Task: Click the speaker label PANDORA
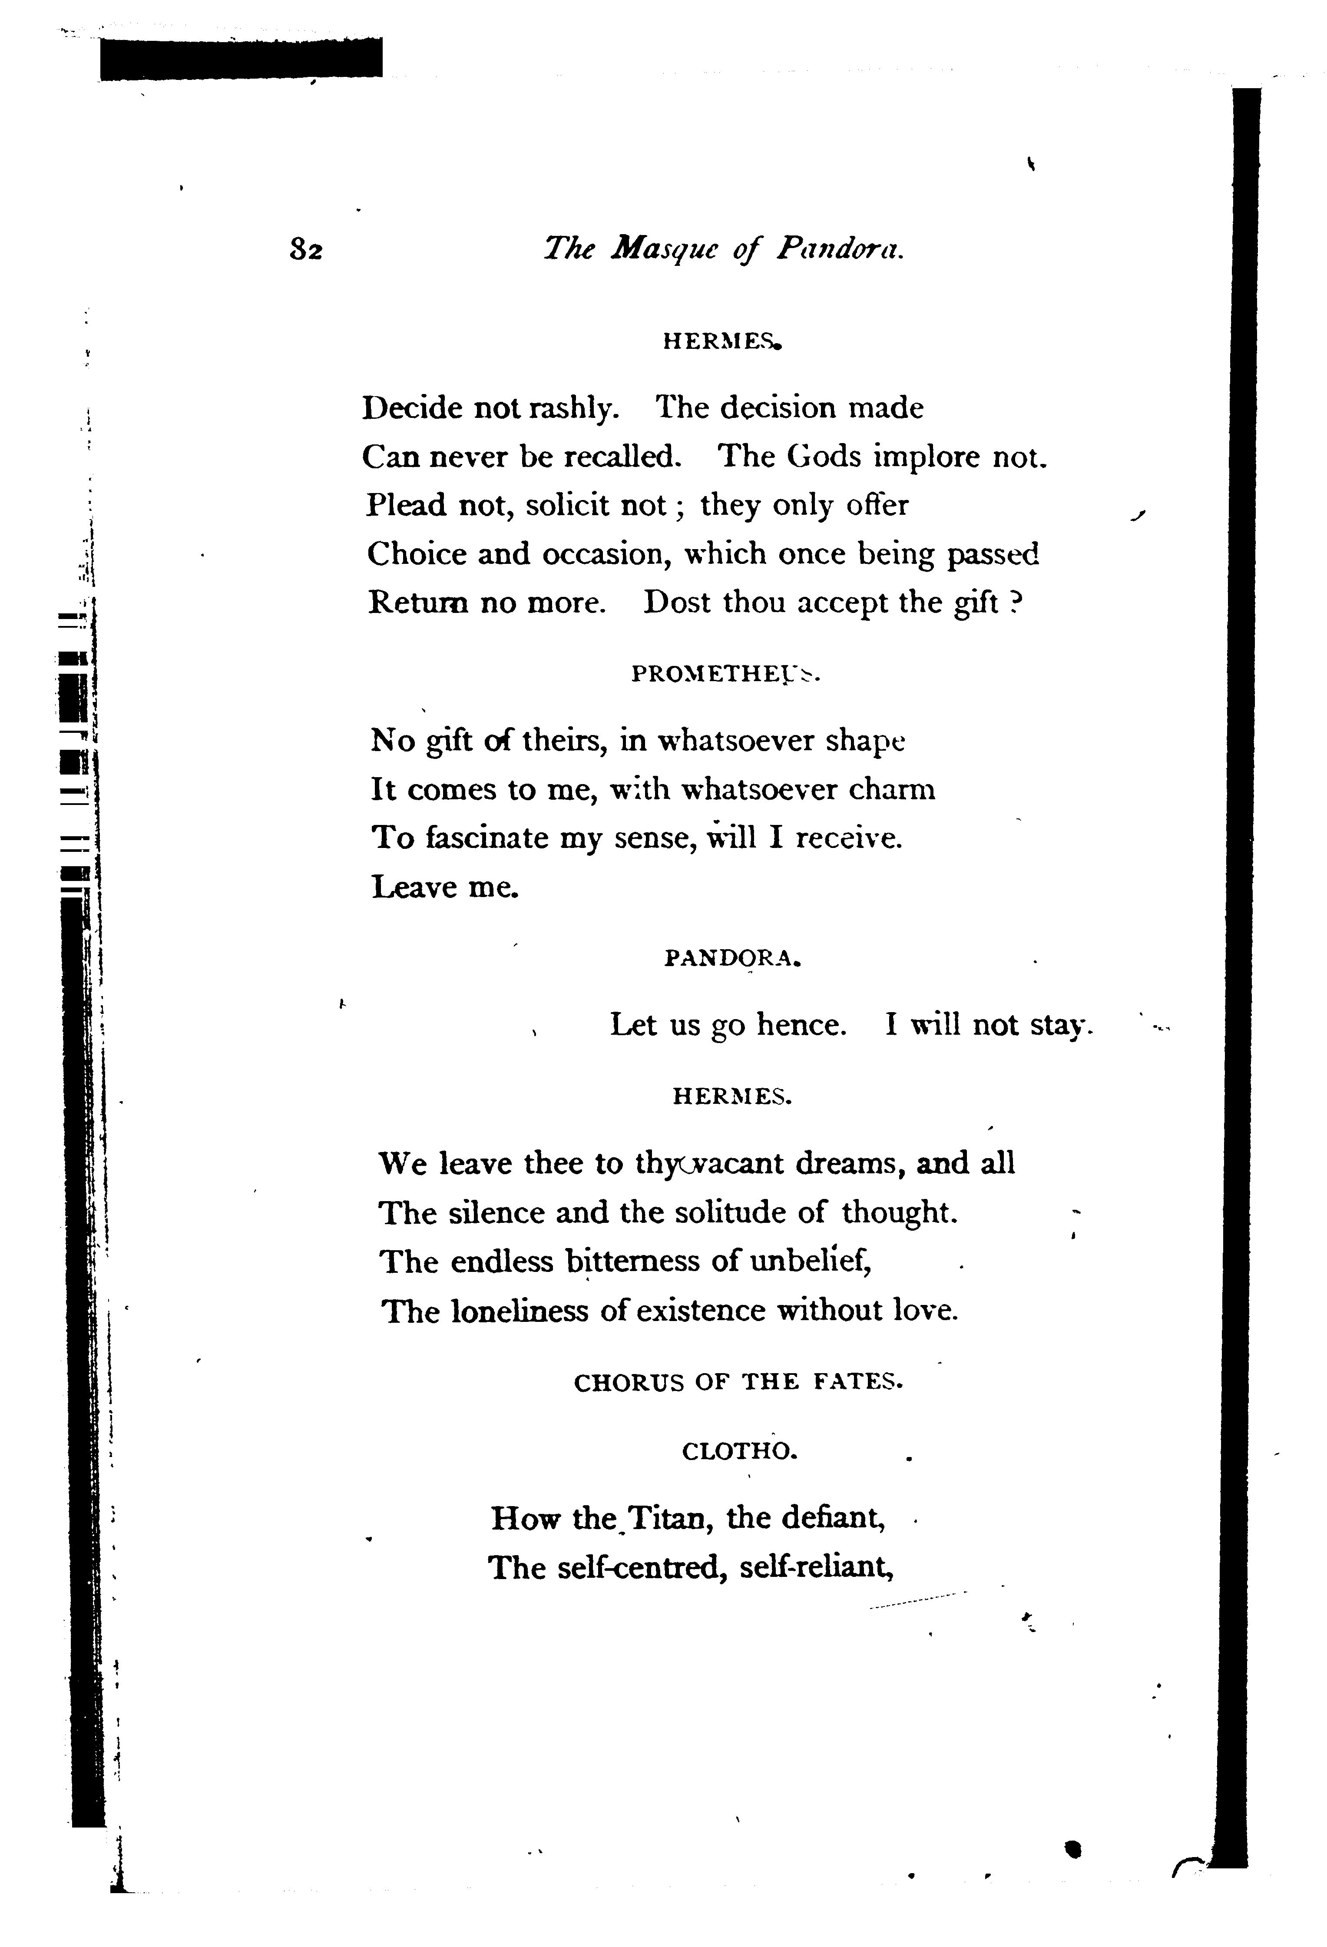tap(733, 958)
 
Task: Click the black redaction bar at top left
tap(241, 59)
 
